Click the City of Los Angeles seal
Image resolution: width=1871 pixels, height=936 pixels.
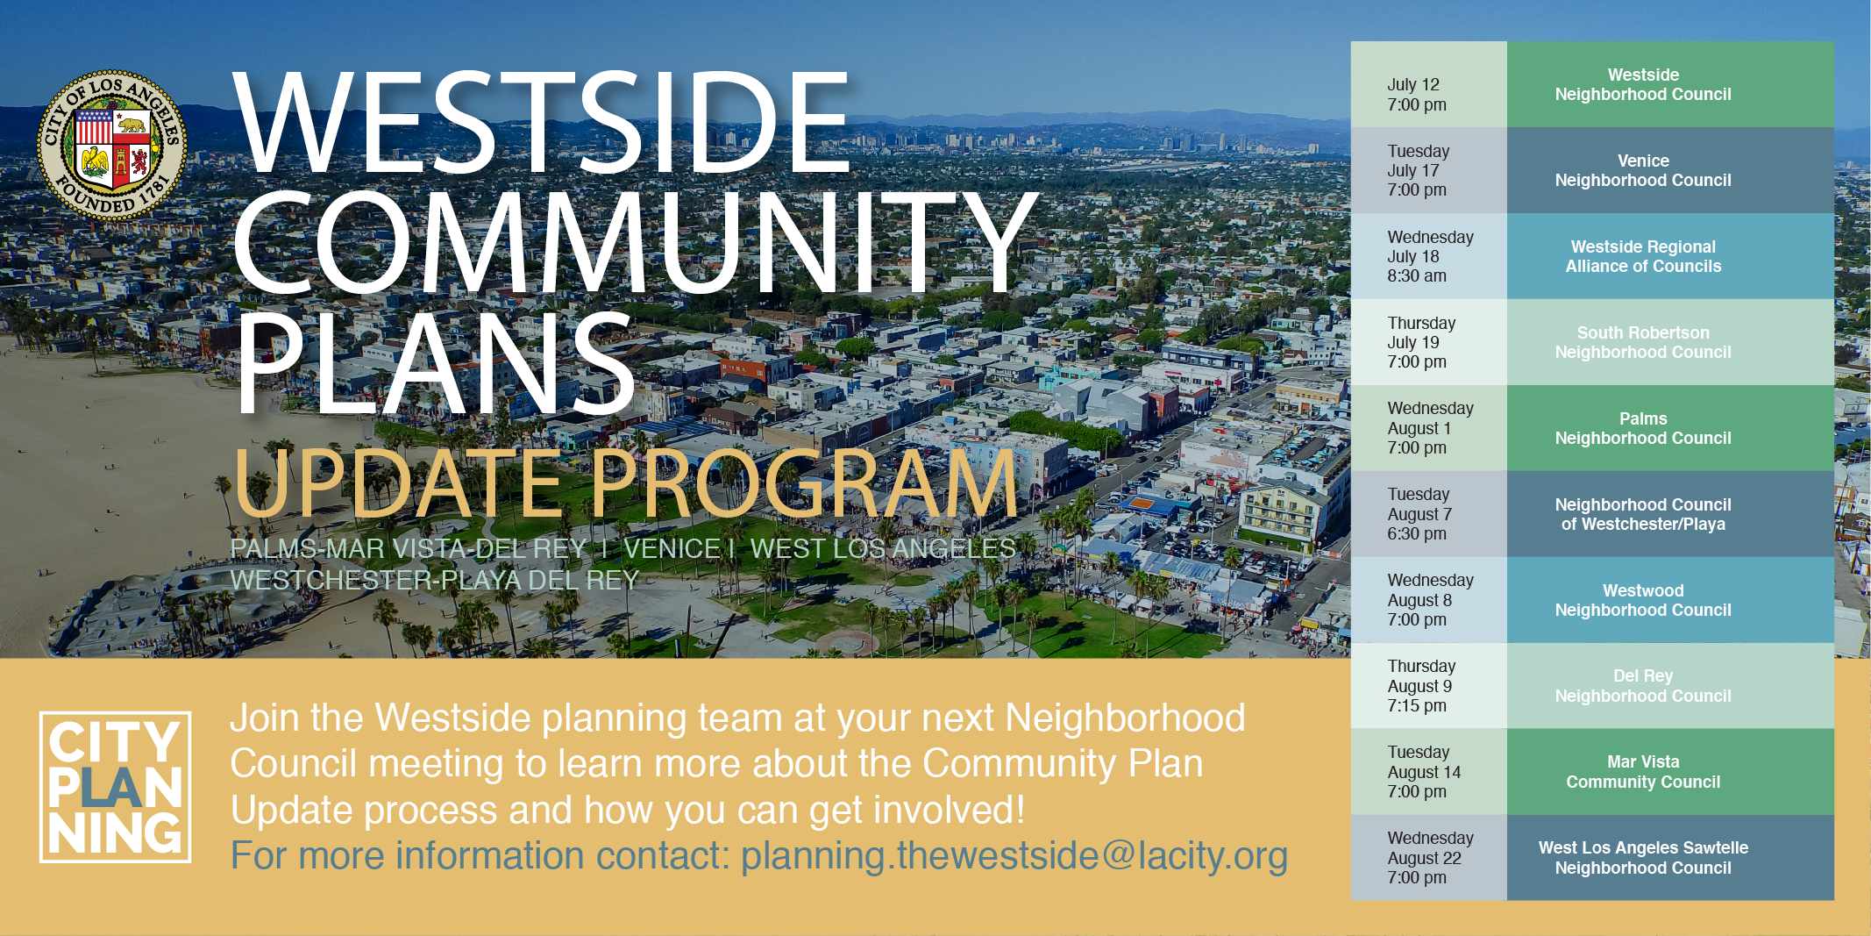tap(112, 145)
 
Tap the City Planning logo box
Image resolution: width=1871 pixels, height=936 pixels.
tap(115, 787)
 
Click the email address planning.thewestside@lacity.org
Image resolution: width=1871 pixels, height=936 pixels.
tap(1014, 856)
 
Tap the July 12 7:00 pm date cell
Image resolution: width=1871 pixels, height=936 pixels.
tap(1429, 84)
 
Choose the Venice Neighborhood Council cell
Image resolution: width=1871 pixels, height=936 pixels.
tap(1670, 170)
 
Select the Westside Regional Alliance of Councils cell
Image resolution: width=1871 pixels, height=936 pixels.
tap(1670, 256)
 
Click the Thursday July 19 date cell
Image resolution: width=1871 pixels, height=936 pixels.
tap(1429, 342)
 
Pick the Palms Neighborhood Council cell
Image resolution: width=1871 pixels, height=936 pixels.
tap(1670, 428)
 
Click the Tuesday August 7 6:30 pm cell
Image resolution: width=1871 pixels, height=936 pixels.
tap(1429, 514)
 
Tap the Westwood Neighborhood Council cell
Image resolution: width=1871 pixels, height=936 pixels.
tap(1670, 600)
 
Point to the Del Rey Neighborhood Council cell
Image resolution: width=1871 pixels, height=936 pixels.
tap(1670, 686)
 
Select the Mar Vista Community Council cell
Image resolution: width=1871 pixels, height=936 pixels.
tap(1670, 772)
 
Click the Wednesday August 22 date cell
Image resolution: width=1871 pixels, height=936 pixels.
tap(1429, 858)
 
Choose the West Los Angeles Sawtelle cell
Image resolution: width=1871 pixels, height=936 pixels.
tap(1670, 858)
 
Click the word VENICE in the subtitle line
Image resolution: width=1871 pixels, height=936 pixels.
tap(672, 549)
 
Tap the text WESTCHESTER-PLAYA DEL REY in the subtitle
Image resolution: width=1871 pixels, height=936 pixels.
tap(435, 581)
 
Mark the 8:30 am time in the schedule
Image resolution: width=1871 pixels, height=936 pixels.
tap(1417, 276)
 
